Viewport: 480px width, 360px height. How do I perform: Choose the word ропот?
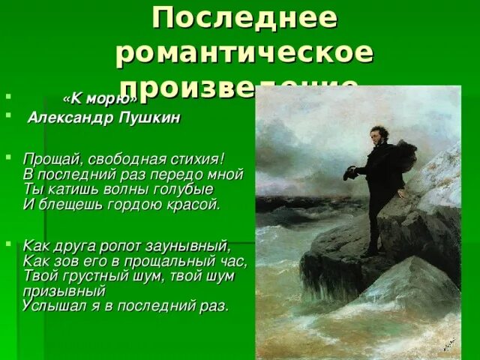[x=112, y=246]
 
